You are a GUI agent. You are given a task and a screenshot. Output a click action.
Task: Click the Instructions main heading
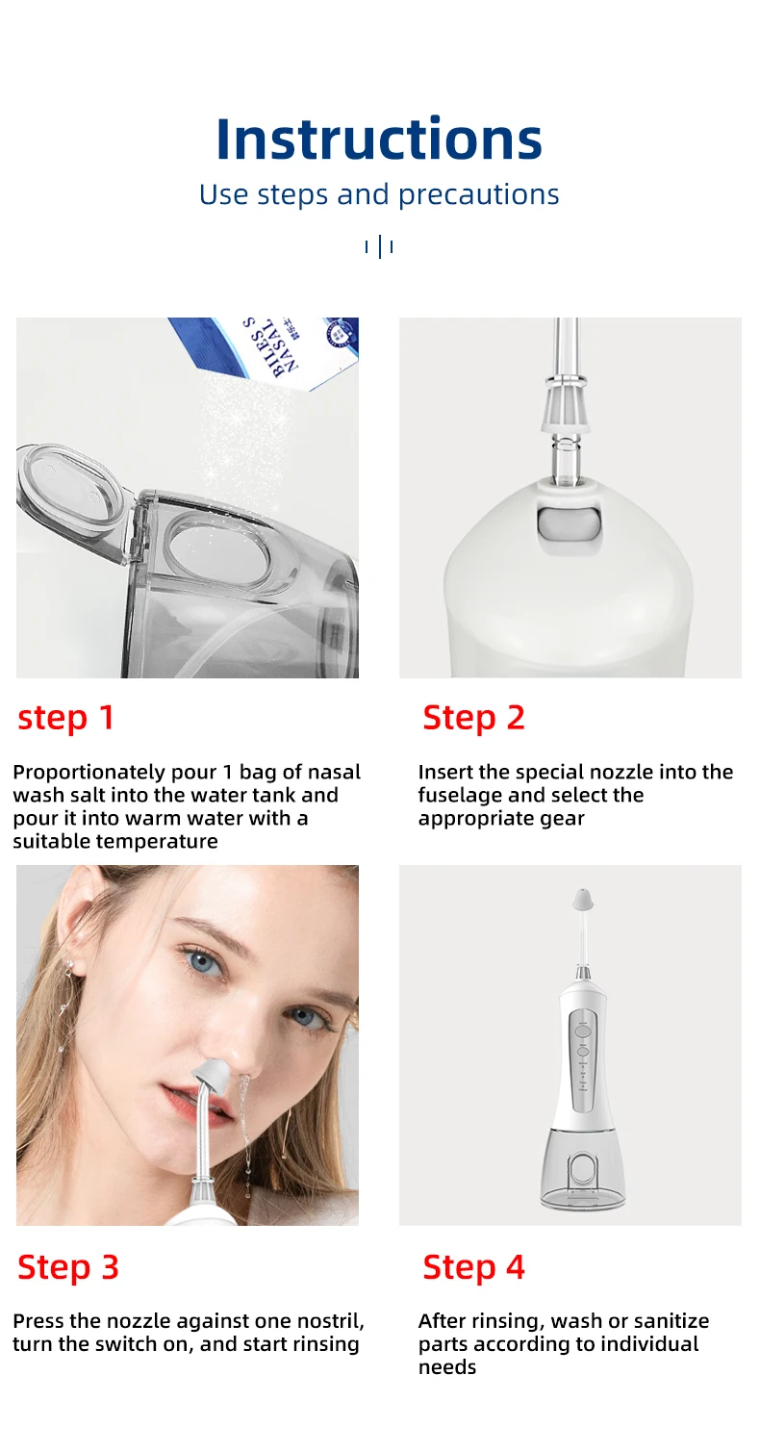(379, 139)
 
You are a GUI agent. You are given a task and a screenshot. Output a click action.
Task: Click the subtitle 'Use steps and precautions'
(379, 194)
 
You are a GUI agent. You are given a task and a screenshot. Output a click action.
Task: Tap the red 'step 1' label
(66, 718)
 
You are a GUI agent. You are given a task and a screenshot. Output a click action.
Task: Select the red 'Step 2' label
(473, 718)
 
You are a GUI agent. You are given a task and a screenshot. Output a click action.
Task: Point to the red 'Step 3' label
(68, 1267)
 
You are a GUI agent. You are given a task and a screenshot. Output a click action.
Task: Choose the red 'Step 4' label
(473, 1267)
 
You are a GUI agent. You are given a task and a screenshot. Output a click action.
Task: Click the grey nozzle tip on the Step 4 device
(582, 901)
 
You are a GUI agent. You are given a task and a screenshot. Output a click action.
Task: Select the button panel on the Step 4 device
(582, 1054)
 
